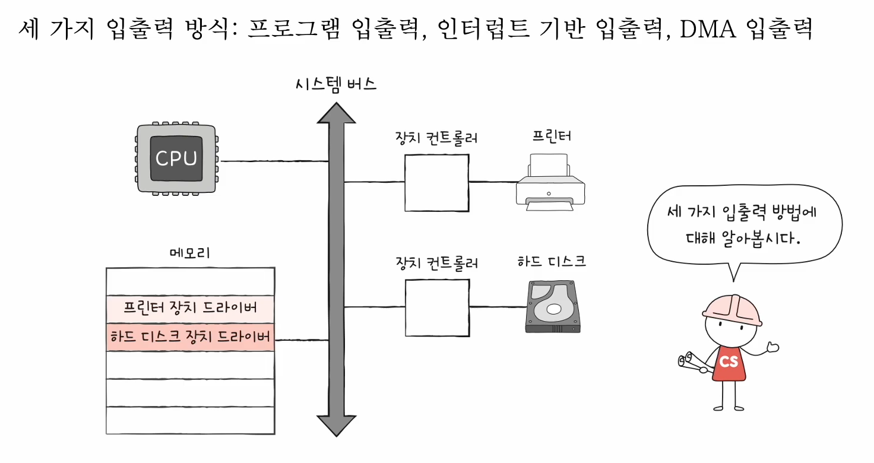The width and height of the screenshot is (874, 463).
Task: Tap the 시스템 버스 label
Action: point(336,84)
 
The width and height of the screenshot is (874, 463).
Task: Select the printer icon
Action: point(550,181)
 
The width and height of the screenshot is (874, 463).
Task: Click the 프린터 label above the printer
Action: point(552,136)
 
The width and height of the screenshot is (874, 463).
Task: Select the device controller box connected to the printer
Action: point(436,183)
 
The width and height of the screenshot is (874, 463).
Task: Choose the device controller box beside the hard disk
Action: point(436,307)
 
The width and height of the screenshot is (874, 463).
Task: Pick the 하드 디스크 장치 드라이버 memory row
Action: point(190,337)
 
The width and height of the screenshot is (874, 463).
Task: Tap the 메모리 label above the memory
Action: point(190,253)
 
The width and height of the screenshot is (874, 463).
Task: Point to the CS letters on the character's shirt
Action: point(729,360)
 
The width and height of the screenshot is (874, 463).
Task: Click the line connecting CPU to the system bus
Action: point(273,161)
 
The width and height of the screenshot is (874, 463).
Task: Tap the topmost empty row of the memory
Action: point(190,281)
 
